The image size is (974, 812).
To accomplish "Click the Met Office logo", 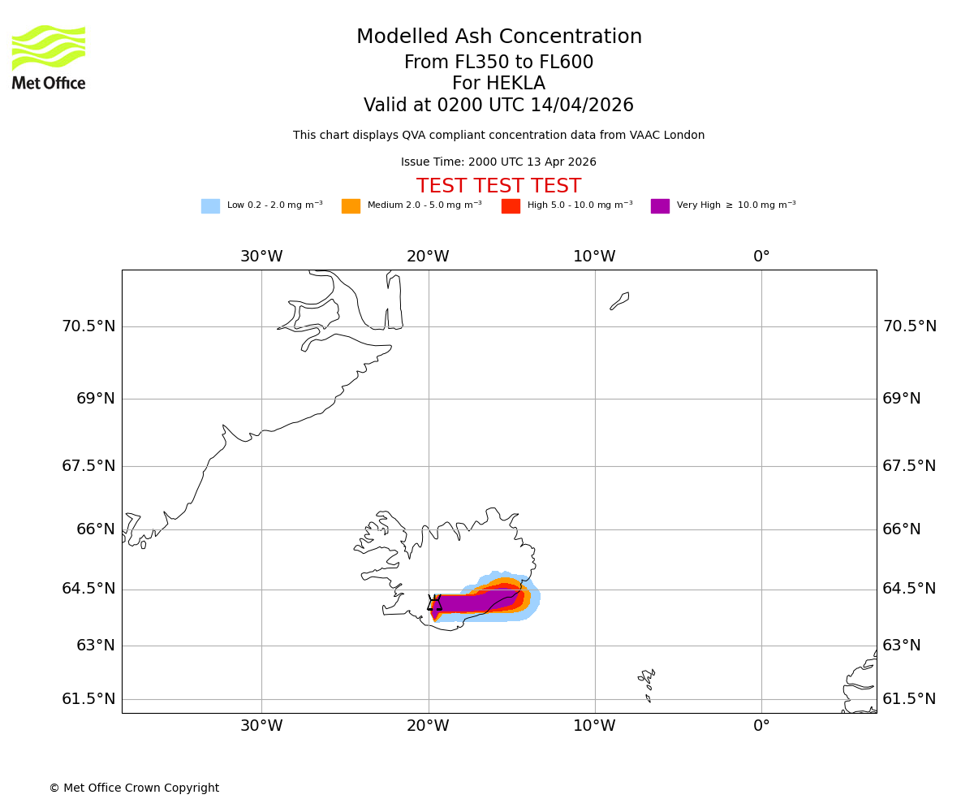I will (49, 57).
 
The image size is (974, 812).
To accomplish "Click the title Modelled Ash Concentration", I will (498, 37).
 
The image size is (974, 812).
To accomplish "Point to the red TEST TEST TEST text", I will (498, 186).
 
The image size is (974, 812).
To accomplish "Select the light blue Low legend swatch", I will (210, 206).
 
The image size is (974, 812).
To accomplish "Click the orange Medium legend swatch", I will (351, 206).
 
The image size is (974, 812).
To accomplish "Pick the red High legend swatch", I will (511, 206).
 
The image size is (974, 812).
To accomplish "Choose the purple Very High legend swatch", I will (660, 206).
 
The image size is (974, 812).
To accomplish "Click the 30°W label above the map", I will (261, 257).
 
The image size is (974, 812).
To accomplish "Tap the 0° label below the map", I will (761, 726).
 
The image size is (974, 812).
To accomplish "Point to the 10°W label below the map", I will (594, 726).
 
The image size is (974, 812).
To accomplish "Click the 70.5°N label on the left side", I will (88, 326).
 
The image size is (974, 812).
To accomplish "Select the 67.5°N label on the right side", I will (909, 466).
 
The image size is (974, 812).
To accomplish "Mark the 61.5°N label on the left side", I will (88, 699).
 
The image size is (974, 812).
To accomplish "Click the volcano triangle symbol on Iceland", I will (435, 603).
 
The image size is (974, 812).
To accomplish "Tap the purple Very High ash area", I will (475, 603).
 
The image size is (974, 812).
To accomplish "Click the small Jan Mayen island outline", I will (619, 301).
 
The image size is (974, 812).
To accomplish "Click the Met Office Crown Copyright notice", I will (134, 788).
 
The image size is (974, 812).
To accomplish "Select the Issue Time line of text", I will (498, 162).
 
